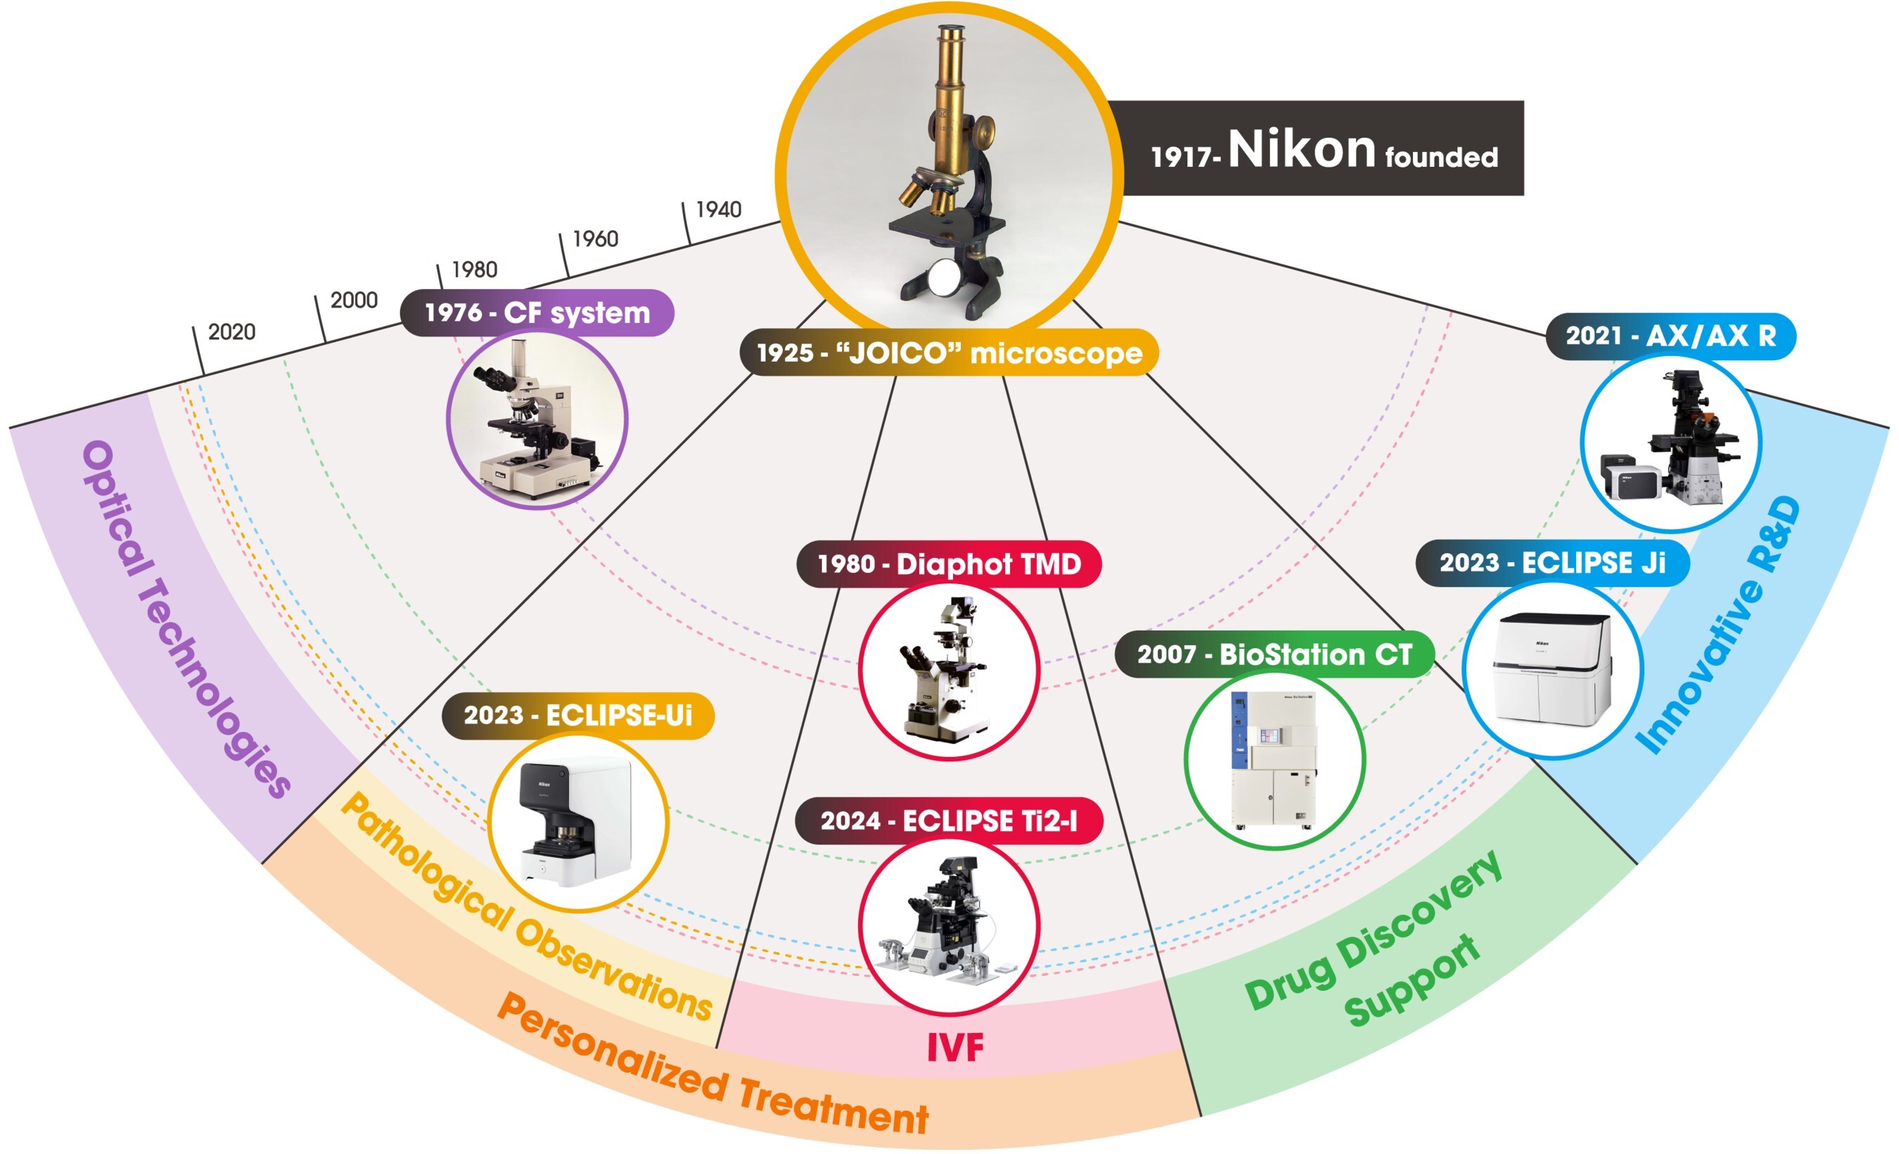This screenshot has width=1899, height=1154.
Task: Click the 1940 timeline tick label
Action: click(718, 210)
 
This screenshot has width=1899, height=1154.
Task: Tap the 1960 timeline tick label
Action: click(595, 239)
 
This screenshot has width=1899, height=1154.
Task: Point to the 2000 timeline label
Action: click(354, 300)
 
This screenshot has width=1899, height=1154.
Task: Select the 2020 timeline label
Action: click(231, 332)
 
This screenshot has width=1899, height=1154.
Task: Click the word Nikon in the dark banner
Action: click(1301, 148)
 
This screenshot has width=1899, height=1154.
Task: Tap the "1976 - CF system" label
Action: click(537, 313)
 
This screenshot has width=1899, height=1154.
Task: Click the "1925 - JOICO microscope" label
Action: click(949, 353)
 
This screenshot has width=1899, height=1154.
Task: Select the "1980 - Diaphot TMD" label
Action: click(949, 564)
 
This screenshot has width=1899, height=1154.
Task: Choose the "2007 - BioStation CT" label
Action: click(1274, 654)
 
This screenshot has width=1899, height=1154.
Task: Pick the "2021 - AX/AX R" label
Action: click(1670, 336)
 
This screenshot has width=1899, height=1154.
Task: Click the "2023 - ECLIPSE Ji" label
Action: click(1552, 563)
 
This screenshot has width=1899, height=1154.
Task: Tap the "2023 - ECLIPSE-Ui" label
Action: click(578, 716)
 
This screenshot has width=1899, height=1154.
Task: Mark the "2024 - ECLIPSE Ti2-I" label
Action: click(949, 821)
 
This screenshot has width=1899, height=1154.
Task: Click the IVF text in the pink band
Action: click(955, 1047)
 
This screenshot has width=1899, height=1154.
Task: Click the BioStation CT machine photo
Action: click(1274, 760)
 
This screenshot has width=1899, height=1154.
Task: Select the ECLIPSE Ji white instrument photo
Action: click(1552, 669)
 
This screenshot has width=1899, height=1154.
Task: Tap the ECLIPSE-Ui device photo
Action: click(577, 822)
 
